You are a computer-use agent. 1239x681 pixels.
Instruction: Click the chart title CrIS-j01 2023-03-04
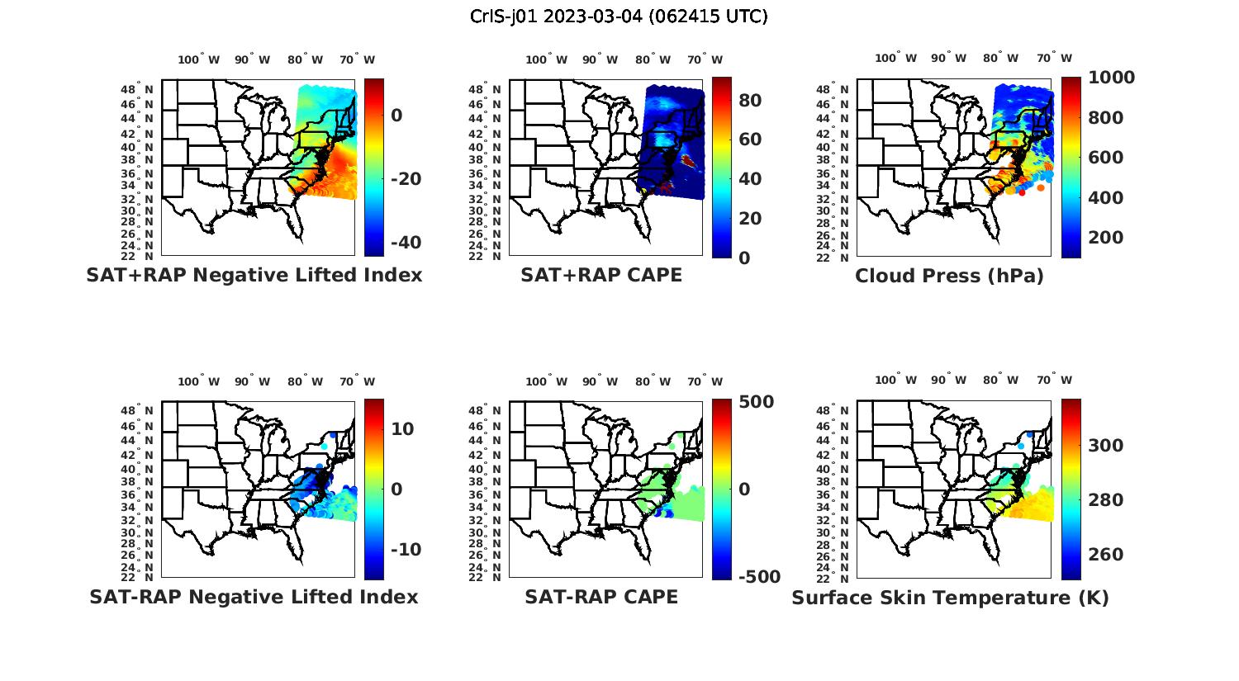pos(619,17)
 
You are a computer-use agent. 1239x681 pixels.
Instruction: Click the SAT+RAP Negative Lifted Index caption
pos(254,275)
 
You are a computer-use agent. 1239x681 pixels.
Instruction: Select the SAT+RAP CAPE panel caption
pos(601,275)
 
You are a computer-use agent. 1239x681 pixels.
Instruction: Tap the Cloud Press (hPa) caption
pos(949,276)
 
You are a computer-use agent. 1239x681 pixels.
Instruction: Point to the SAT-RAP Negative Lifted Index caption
pos(254,597)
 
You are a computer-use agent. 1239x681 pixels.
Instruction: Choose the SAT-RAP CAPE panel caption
pos(601,597)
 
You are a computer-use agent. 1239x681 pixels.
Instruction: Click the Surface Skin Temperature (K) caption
pos(950,598)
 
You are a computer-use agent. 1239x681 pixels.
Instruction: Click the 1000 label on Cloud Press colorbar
pos(1111,78)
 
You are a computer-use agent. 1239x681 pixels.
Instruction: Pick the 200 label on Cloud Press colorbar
pos(1106,238)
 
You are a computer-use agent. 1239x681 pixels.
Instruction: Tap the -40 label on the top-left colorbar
pos(405,243)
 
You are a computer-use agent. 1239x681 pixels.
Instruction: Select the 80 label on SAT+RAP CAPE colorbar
pos(749,101)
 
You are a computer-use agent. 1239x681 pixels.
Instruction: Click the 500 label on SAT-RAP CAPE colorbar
pos(757,402)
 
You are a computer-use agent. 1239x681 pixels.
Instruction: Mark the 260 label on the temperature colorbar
pos(1106,555)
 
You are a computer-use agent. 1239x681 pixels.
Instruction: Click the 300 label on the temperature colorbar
pos(1106,446)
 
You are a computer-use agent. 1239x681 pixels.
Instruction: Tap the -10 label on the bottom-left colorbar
pos(405,550)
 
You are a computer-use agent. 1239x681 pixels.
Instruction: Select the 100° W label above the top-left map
pos(198,59)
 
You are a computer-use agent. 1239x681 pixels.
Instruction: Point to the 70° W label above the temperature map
pos(1054,380)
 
